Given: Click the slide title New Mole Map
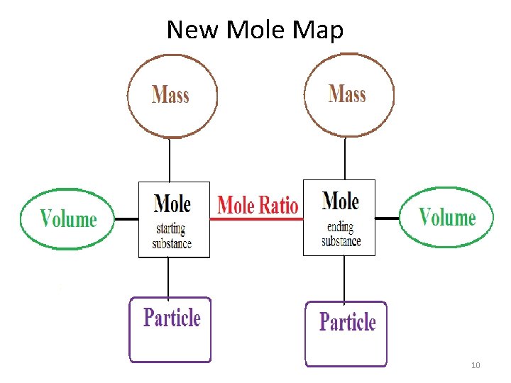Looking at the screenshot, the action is point(255,30).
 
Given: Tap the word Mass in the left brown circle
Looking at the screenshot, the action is point(170,94).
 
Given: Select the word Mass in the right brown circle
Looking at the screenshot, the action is point(347,93).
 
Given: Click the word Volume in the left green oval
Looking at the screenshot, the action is point(68,218).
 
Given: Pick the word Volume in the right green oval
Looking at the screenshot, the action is point(447,216).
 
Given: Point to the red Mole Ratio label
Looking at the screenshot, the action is point(257,205).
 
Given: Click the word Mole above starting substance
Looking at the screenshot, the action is point(172,204).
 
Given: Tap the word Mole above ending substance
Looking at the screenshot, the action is point(341,201).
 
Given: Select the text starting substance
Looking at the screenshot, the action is point(172,236).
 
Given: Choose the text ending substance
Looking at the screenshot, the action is point(341,234).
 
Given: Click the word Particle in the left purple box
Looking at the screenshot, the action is point(172,317).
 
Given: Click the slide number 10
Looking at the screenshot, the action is point(476,365).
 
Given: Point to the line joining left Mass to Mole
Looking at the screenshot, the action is point(170,159).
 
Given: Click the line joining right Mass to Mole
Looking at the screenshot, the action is point(344,157).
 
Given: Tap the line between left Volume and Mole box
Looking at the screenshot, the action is point(126,219).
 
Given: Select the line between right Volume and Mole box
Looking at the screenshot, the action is point(387,218).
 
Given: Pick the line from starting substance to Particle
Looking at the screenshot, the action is point(168,277).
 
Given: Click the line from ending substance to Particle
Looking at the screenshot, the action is point(344,278).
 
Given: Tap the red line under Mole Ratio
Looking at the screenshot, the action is point(256,219).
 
